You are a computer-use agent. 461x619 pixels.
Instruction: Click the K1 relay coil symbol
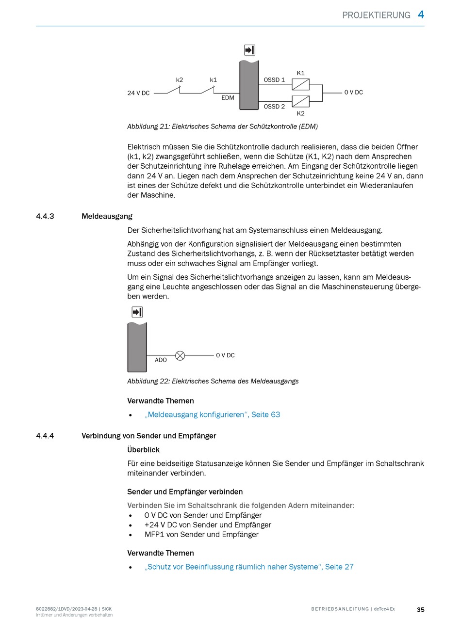point(300,84)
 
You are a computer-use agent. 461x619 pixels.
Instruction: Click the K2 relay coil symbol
point(300,101)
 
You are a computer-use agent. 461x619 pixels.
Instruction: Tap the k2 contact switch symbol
point(174,90)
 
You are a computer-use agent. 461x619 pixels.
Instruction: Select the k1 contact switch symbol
point(208,90)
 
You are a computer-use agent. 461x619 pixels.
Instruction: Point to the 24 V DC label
point(138,93)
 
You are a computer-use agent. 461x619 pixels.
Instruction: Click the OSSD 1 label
point(274,80)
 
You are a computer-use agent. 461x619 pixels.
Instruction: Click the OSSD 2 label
point(274,107)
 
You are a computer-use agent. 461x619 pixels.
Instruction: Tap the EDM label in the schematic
point(228,98)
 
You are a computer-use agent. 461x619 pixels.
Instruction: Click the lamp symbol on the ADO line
point(180,356)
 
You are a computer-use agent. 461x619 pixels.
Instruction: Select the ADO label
point(161,360)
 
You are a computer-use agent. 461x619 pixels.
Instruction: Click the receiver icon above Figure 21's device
point(249,50)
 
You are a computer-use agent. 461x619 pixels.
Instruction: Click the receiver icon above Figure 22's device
point(137,312)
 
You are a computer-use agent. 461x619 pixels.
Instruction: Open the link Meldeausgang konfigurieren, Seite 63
point(212,414)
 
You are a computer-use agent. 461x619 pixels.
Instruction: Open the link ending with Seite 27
point(248,567)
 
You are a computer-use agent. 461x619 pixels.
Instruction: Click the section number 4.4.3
point(45,216)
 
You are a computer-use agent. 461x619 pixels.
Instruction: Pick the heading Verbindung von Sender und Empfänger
point(148,436)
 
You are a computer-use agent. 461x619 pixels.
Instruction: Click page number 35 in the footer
point(420,609)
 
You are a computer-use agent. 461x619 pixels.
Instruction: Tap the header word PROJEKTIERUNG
point(376,15)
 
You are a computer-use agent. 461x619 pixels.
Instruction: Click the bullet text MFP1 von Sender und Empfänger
point(201,535)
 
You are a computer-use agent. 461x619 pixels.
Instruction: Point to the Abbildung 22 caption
point(213,381)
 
